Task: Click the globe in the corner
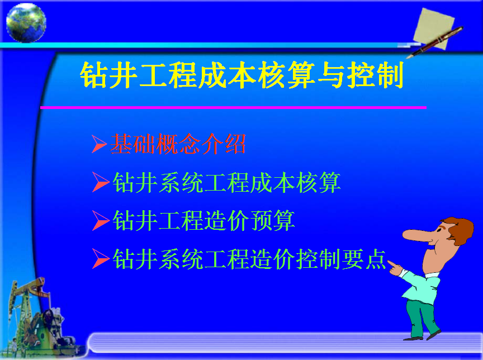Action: (26, 23)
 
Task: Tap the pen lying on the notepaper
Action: (435, 42)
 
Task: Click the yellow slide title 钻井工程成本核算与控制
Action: (242, 75)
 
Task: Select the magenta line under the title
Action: (233, 107)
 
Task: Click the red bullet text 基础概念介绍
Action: (178, 144)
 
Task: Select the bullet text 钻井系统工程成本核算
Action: (226, 182)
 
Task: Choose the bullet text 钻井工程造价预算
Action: (203, 220)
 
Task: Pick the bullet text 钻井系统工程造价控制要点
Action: (249, 259)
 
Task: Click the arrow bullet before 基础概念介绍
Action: (99, 144)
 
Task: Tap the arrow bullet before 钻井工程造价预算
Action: (101, 220)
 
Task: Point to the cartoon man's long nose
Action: (419, 235)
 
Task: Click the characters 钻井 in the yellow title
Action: (108, 75)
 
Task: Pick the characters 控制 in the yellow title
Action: (375, 75)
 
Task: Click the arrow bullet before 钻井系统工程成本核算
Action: (101, 182)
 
